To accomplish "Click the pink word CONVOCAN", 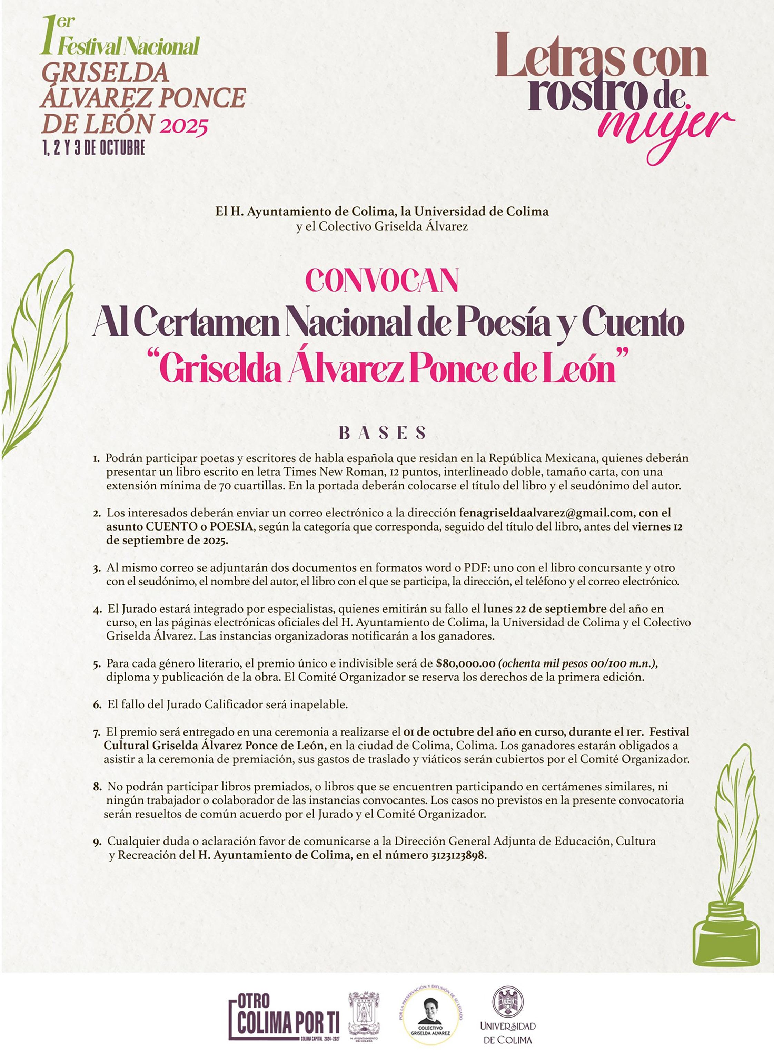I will click(381, 281).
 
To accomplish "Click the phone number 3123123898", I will click(456, 855).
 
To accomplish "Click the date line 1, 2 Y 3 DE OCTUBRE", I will click(94, 148).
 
